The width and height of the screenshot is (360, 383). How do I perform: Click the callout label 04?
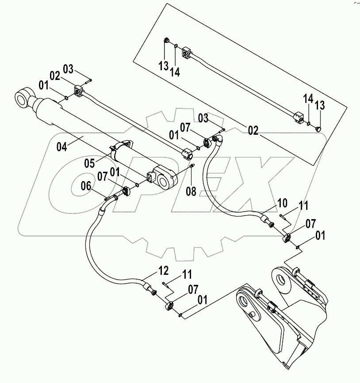pyautogui.click(x=62, y=147)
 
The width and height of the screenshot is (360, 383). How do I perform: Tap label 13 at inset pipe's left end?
pyautogui.click(x=164, y=66)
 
